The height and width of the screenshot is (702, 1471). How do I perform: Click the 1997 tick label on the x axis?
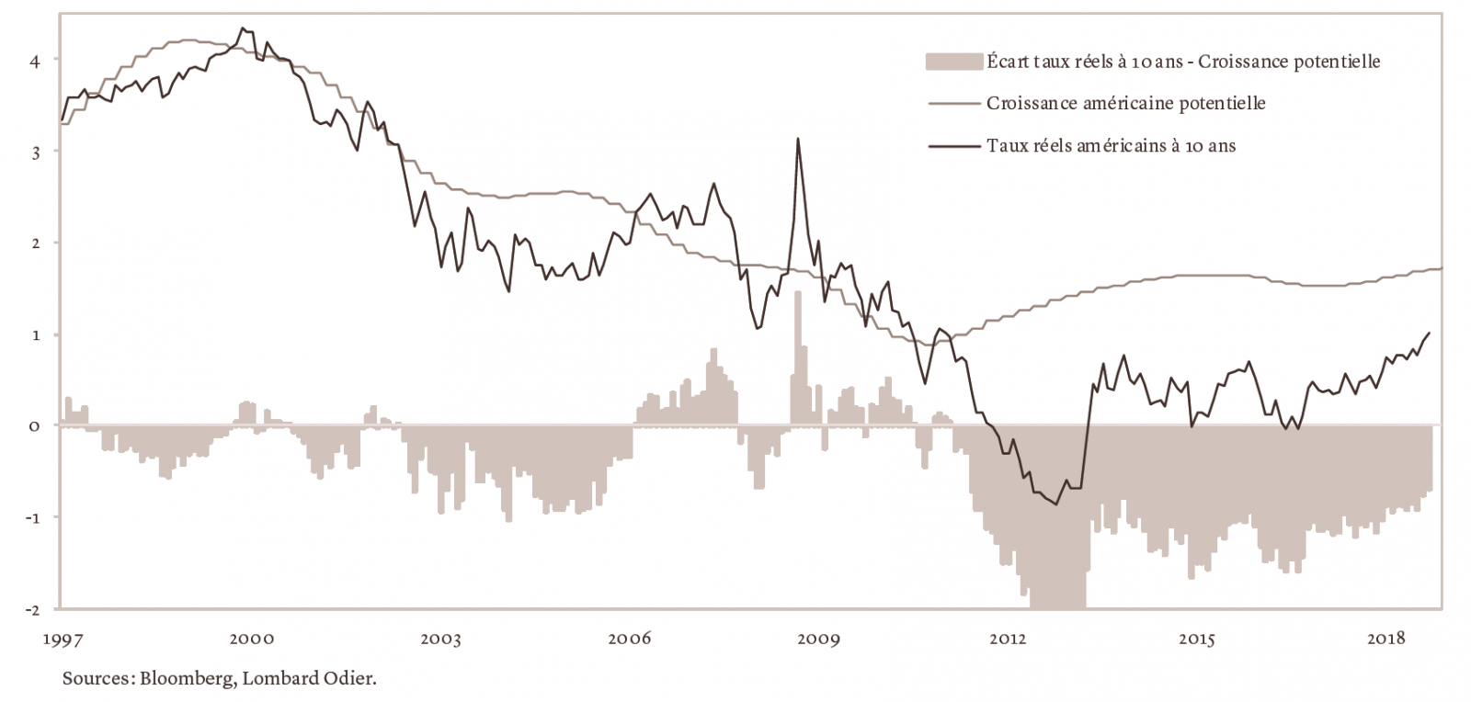(x=61, y=639)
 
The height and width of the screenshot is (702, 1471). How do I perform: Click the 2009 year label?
(x=820, y=639)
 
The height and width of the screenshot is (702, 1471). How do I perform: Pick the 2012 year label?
(x=1009, y=639)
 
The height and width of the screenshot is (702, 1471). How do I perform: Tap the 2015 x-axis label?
(x=1198, y=639)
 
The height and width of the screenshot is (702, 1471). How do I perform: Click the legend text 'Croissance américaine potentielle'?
(x=1125, y=104)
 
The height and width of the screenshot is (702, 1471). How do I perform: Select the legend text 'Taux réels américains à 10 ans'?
(x=1111, y=145)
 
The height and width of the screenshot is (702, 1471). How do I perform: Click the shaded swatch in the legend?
(x=954, y=62)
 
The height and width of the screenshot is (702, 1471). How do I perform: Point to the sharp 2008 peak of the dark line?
(x=798, y=140)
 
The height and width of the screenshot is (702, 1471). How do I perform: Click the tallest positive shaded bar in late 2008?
(x=798, y=358)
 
